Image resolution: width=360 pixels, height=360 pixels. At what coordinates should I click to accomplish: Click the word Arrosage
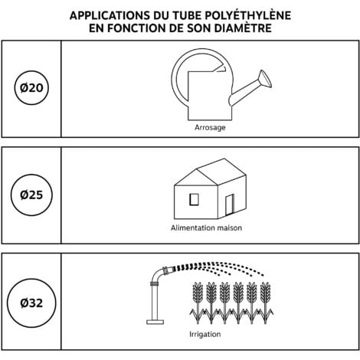coord(210,127)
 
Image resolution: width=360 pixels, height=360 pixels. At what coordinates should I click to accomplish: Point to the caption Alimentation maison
coord(206,227)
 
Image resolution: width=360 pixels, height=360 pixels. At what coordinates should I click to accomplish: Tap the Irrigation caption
coord(205,334)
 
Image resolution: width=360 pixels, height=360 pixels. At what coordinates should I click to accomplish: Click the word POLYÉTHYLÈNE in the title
coord(248,15)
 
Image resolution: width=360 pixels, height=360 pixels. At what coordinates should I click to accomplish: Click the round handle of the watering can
coord(176,77)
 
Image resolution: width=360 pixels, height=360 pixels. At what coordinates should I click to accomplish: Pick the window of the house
coord(194,199)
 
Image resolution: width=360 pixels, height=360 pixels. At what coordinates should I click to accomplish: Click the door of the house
coord(230,205)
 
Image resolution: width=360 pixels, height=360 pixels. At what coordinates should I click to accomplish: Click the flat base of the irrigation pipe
coord(155,322)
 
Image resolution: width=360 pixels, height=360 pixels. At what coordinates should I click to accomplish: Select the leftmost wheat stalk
coord(198,303)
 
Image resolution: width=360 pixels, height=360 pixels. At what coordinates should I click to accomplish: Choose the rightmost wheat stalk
coord(265,303)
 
